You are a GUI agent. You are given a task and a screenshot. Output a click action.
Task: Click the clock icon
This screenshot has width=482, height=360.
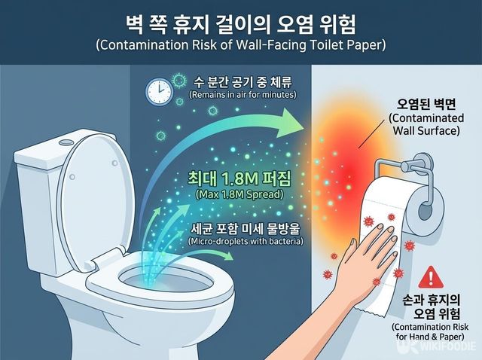(160, 91)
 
